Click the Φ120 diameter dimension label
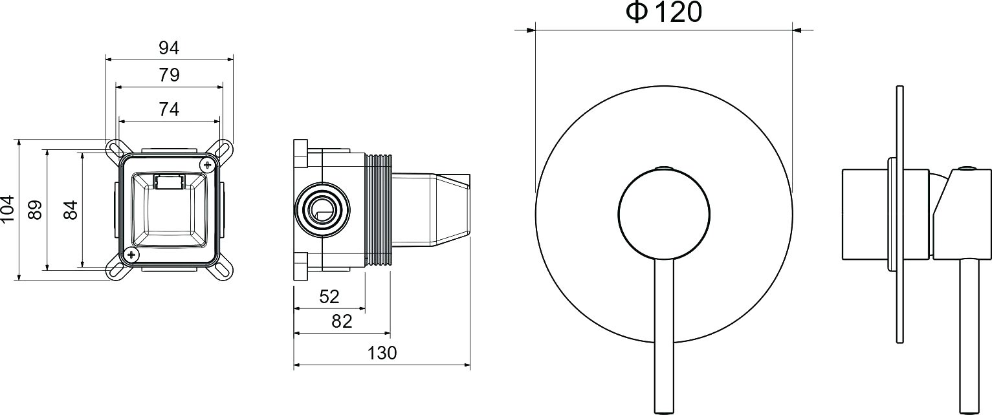click(663, 12)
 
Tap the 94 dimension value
click(169, 48)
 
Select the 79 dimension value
click(169, 75)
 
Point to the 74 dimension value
click(169, 109)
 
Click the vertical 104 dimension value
click(8, 208)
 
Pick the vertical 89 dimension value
click(35, 209)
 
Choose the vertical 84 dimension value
click(71, 209)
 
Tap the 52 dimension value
click(329, 297)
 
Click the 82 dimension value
click(342, 322)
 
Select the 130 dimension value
click(382, 353)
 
